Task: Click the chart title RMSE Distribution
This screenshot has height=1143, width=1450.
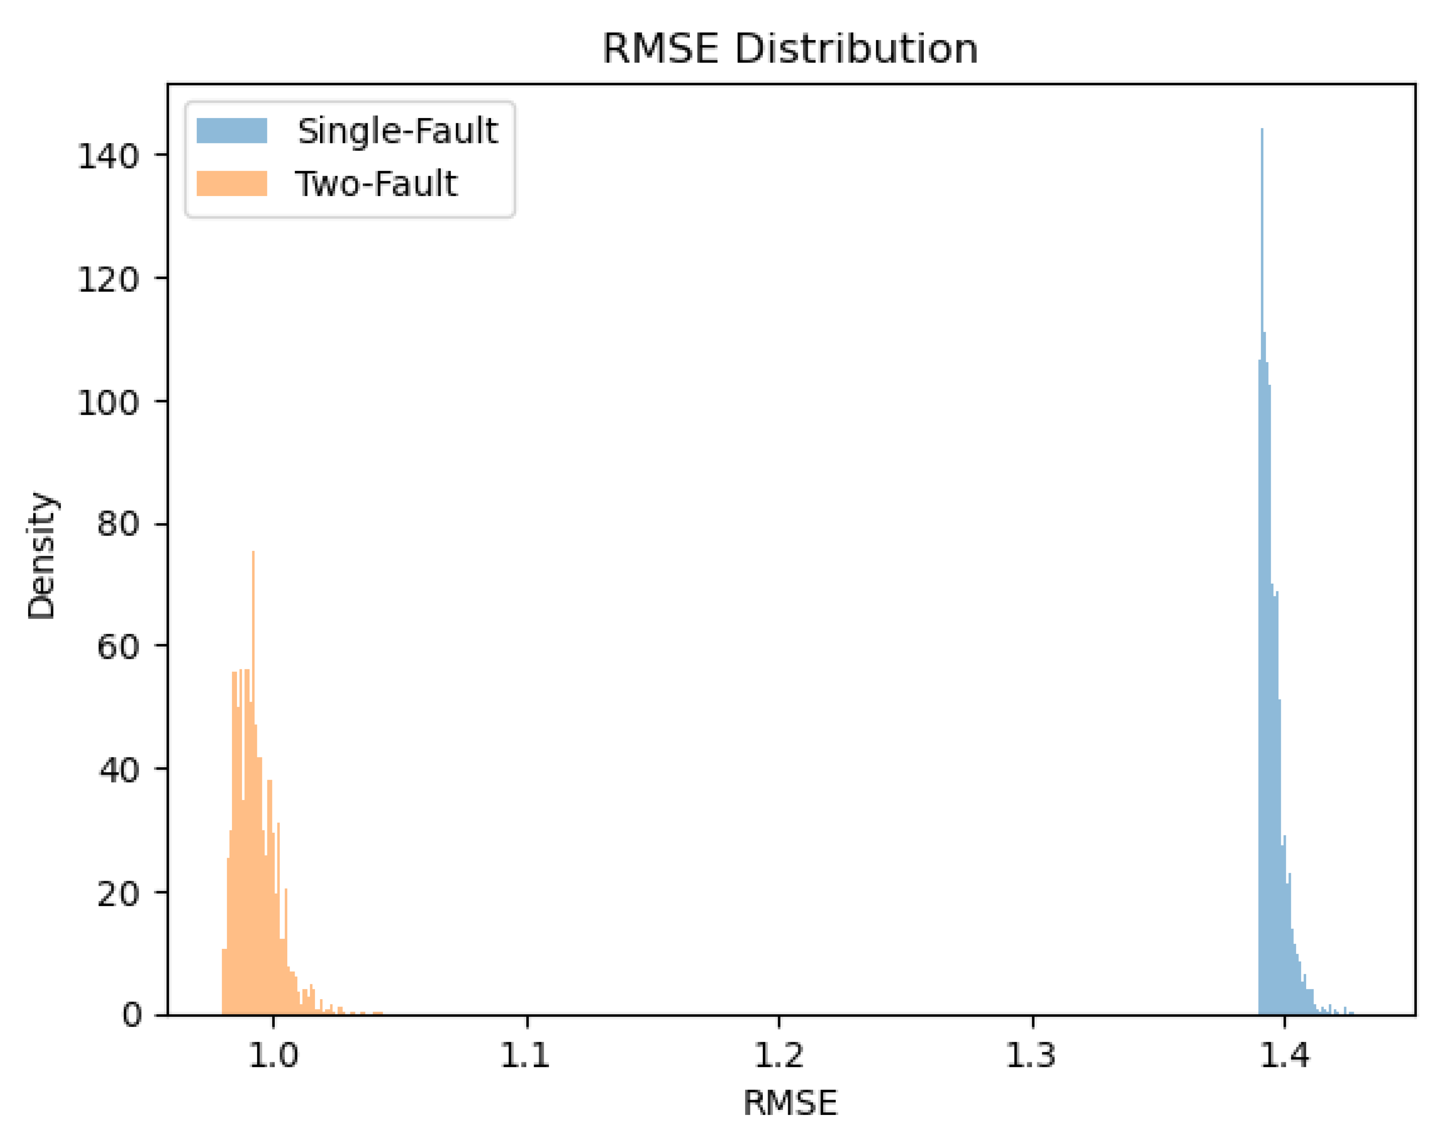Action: click(790, 49)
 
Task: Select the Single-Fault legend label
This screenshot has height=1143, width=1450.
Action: click(398, 131)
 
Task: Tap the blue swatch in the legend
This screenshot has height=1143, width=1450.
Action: click(232, 131)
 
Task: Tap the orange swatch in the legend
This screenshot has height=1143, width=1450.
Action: click(232, 183)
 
